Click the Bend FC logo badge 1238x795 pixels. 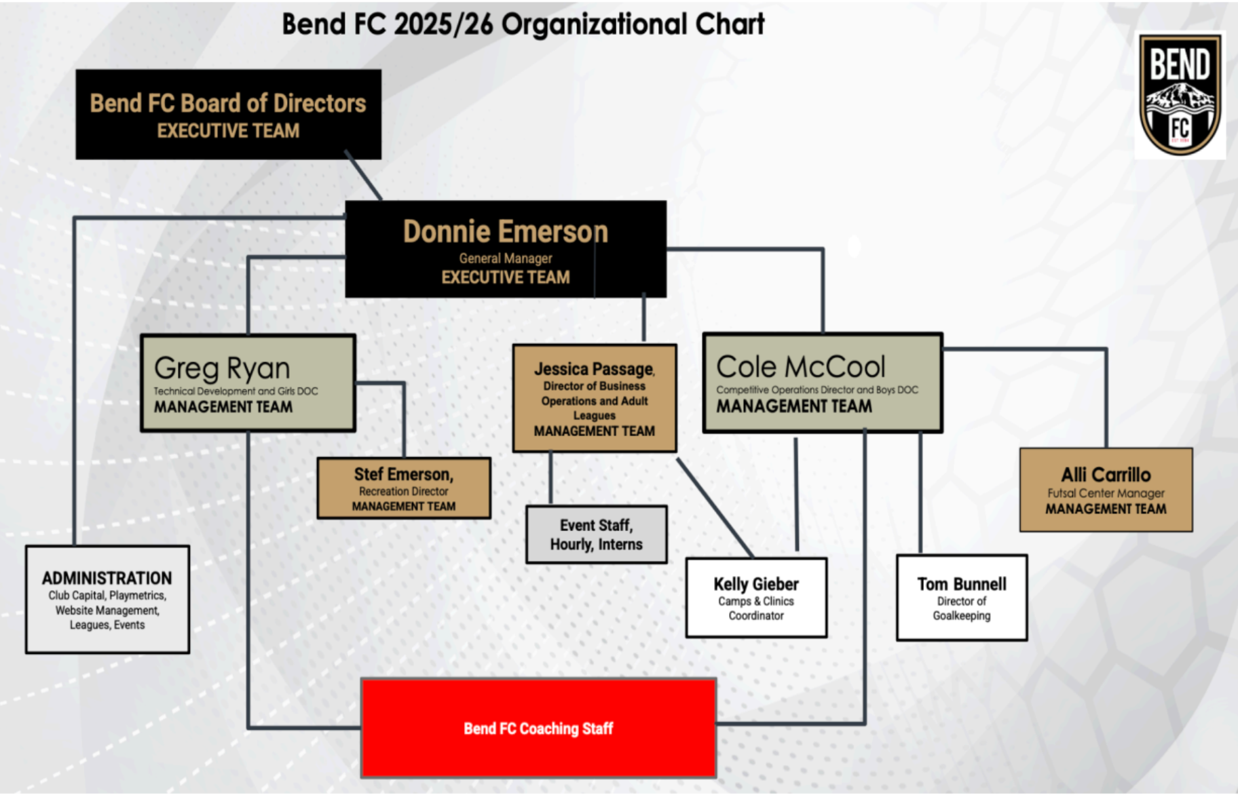pos(1180,95)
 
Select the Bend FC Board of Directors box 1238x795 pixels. pos(228,114)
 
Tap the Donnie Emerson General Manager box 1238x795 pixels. pos(506,249)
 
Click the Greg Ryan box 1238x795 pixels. pos(248,383)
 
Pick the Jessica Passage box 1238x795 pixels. pos(595,398)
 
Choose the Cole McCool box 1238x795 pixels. pos(823,383)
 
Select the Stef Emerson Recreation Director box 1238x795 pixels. pos(404,488)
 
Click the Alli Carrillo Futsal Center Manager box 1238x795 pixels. pos(1106,490)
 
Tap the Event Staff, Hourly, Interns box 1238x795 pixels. pos(597,535)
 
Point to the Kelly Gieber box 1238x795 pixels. pos(756,598)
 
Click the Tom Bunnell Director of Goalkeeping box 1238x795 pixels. pos(962,598)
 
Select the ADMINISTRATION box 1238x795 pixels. pos(107,600)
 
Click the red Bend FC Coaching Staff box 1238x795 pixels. pos(539,728)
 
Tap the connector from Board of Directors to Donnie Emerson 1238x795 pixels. pos(363,176)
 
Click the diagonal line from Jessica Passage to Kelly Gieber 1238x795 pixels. pos(715,508)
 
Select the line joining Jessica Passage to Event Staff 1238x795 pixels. pos(550,479)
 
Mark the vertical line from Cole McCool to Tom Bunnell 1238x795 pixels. pos(920,493)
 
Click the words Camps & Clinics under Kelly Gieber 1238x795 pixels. pos(756,601)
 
